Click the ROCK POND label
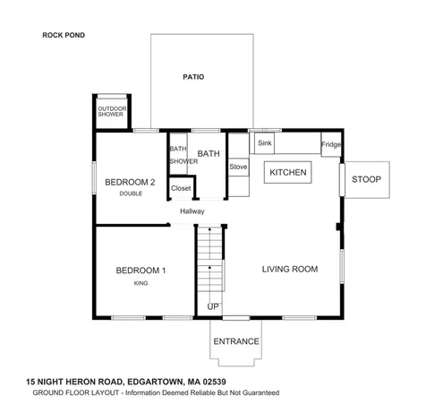(63, 36)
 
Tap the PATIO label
(193, 77)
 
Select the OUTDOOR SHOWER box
(111, 111)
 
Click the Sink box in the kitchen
(265, 143)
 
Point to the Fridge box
(331, 145)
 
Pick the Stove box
(238, 167)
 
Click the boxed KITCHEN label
(288, 172)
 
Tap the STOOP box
(365, 180)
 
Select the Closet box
(181, 188)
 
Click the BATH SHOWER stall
(177, 155)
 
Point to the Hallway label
(192, 211)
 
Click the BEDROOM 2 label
(131, 182)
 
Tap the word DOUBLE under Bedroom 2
(131, 194)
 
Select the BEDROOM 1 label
(141, 271)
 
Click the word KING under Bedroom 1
(141, 283)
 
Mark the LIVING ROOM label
(290, 269)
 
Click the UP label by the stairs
(213, 307)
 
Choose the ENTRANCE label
(236, 341)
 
